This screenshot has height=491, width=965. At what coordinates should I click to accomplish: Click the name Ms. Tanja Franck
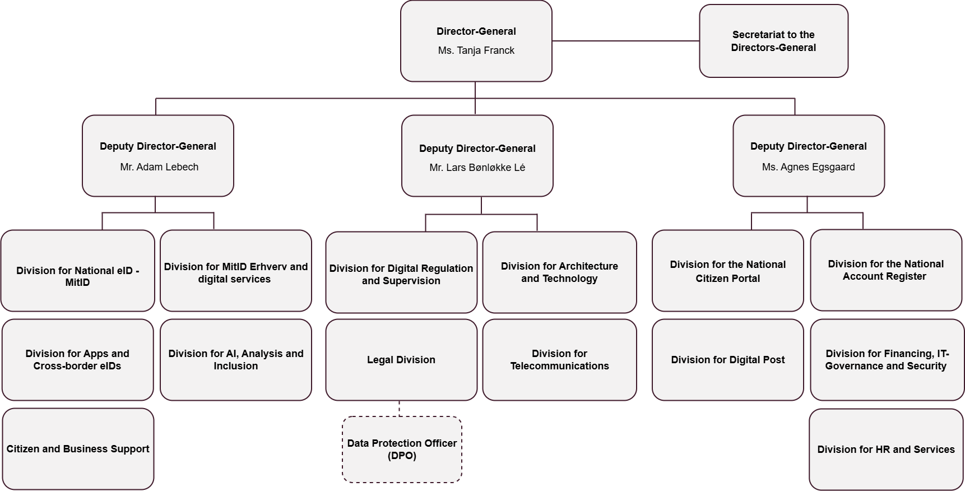476,50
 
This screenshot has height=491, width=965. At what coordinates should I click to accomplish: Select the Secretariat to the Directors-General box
773,41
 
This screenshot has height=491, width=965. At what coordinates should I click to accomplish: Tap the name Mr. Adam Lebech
159,167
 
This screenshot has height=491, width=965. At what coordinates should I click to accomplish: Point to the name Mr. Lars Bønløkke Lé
477,168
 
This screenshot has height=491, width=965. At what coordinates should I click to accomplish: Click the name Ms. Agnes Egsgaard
808,167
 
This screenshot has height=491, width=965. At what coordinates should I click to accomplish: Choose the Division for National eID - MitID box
77,271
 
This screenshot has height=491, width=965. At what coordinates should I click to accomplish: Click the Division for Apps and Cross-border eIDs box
77,359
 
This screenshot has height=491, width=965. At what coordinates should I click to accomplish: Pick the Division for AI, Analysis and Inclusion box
235,359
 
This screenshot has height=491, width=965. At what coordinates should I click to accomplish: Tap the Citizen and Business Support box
77,448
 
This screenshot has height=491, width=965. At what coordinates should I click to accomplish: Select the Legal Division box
401,359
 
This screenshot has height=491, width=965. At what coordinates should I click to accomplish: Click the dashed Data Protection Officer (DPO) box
402,449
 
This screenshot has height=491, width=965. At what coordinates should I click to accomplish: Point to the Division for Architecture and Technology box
559,272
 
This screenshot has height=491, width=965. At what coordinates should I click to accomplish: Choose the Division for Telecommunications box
559,359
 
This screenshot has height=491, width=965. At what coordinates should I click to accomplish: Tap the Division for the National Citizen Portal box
727,271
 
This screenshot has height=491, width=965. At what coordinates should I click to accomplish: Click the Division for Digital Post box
727,359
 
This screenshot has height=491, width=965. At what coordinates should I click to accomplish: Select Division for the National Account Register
885,270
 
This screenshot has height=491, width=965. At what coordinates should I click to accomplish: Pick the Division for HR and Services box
885,449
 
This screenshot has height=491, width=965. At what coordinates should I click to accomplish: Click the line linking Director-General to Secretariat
625,41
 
